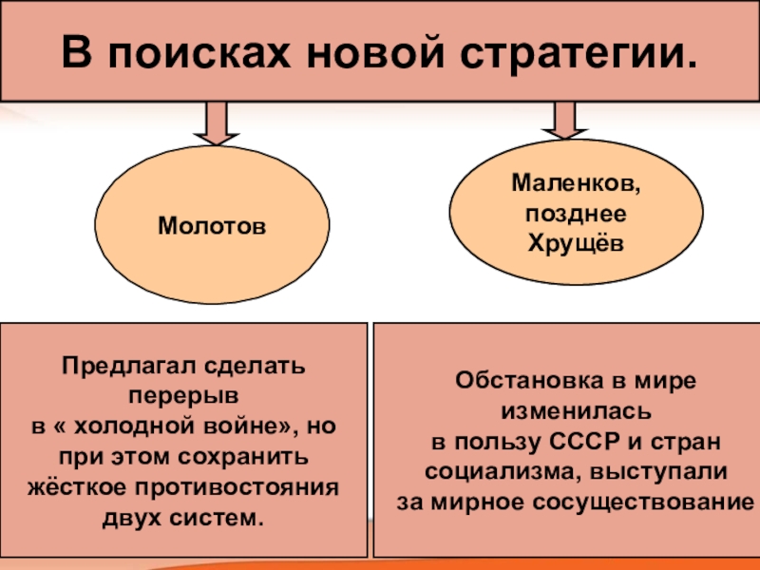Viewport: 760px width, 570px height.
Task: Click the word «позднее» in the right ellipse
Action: pyautogui.click(x=577, y=211)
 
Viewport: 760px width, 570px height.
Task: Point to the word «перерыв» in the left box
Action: pyautogui.click(x=185, y=390)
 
